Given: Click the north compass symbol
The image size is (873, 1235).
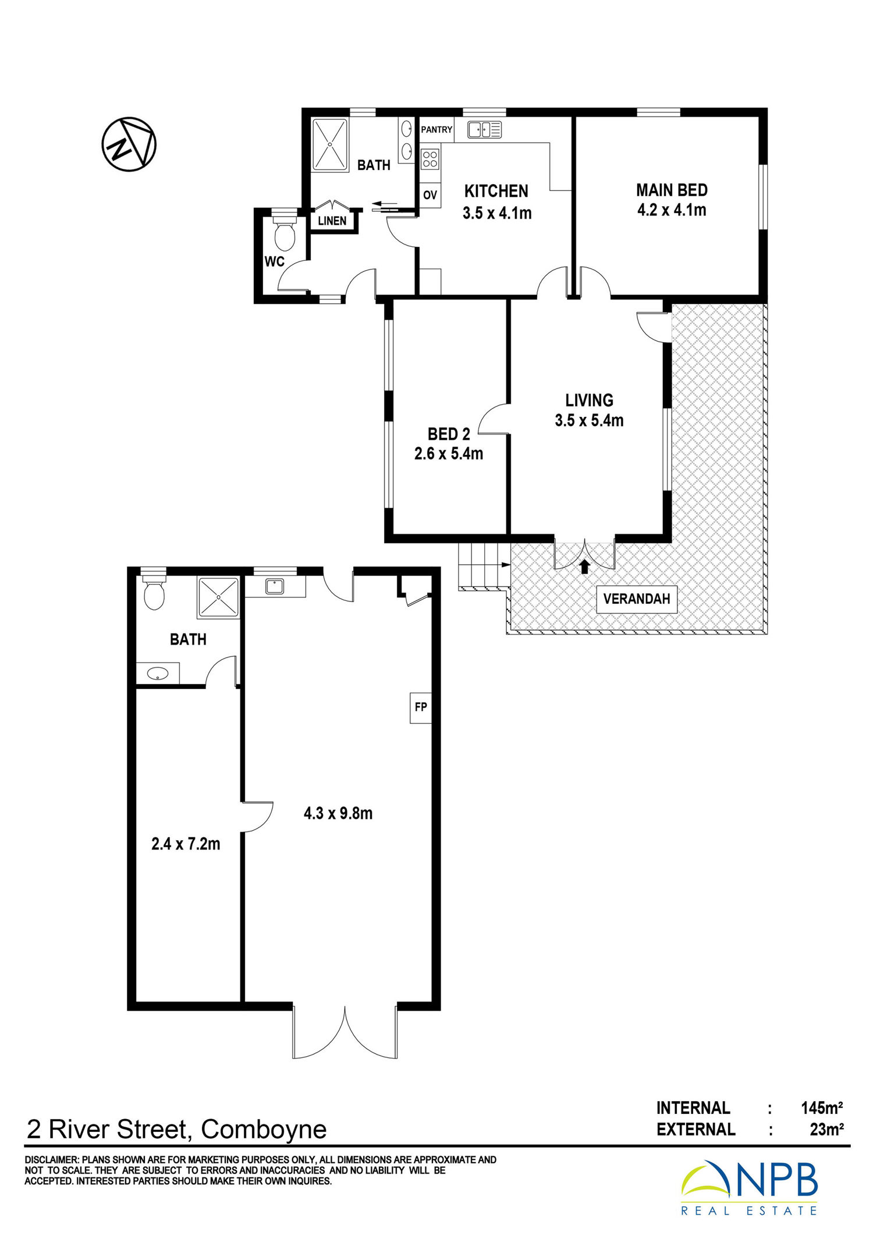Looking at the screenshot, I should [129, 144].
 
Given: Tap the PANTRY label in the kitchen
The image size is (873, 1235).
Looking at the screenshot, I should [436, 129].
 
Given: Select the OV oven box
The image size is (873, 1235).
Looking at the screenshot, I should [430, 195].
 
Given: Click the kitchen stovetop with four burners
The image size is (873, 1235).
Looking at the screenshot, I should [430, 158].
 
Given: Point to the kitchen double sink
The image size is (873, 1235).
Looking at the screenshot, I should [484, 129].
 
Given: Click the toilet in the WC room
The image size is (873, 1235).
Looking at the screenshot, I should [285, 234].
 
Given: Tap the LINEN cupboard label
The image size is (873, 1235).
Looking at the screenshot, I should [332, 221].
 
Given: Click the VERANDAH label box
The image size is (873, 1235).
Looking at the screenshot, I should [637, 599].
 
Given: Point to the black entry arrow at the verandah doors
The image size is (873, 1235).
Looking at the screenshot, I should [584, 567].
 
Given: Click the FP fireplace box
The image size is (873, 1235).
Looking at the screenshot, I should [421, 707].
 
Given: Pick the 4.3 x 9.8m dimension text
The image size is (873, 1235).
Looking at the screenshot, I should [338, 813].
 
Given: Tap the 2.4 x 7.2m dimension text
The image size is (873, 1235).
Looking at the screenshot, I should [186, 844].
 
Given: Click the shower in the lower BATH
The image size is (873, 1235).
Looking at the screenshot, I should [218, 597].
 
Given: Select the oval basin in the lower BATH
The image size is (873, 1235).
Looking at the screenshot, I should [157, 674].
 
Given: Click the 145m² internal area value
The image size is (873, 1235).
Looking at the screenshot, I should [822, 1107].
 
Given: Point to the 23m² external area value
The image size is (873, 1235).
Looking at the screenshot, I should [826, 1130].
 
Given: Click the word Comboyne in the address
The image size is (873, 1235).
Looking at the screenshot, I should [264, 1130].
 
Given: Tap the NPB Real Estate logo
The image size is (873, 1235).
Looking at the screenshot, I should [750, 1188].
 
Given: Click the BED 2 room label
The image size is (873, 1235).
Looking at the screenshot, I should [449, 434].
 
